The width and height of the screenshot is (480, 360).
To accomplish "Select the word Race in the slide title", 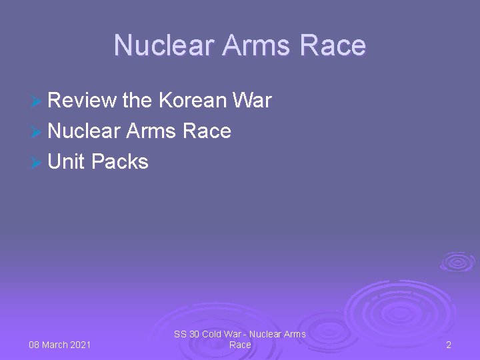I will (333, 45).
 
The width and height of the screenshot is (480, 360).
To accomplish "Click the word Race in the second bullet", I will (206, 131).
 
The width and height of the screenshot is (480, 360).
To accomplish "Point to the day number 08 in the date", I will (35, 345).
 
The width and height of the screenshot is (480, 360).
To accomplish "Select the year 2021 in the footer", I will (81, 345).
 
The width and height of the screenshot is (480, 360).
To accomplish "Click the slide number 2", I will (449, 345).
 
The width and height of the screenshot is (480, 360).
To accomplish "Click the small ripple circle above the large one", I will (457, 261).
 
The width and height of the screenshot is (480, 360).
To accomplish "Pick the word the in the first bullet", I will (137, 101).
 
